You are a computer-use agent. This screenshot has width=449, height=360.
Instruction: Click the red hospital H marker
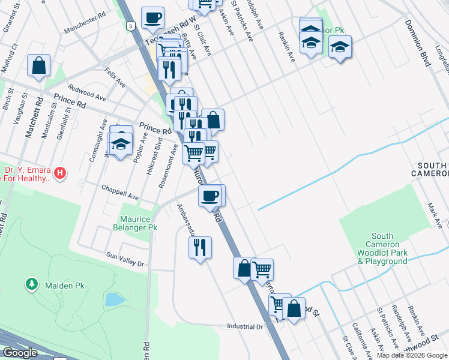coord(59,174)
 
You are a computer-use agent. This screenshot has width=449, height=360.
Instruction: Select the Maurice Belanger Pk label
coord(135,223)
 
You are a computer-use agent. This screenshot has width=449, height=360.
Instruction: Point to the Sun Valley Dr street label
coord(125,259)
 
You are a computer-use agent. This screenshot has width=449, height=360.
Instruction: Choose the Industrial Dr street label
coord(245,326)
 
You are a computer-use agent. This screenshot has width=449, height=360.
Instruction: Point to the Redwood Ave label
coord(87,92)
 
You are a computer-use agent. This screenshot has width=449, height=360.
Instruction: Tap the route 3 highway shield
coord(130,26)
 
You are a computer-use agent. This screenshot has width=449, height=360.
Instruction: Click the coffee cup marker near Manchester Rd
coord(152,17)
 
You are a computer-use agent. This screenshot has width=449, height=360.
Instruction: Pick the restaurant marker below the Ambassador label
coord(200,247)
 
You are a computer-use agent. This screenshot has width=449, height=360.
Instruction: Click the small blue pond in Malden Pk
coord(113,299)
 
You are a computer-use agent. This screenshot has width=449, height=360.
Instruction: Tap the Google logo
coord(20,352)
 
